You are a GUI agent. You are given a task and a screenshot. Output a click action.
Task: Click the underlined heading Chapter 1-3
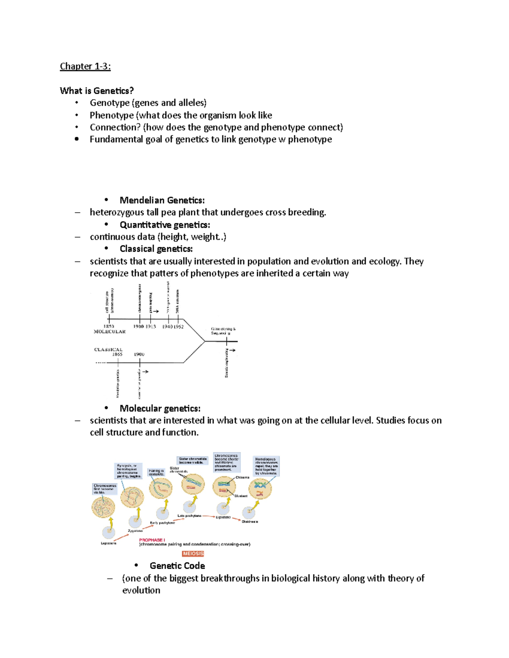coord(85,66)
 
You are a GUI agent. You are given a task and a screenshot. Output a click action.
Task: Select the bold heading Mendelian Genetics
coord(162,200)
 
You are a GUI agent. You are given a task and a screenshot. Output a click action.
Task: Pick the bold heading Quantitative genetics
coord(165,225)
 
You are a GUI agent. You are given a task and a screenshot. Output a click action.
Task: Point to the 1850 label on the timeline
coord(109,327)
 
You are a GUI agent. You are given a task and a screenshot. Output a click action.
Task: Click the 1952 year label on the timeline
coord(178,327)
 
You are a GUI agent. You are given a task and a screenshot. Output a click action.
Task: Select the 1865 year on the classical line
coord(117,354)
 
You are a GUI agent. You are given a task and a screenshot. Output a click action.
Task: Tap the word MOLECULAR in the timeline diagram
coord(109,332)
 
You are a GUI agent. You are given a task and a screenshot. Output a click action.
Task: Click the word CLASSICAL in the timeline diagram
coord(108,350)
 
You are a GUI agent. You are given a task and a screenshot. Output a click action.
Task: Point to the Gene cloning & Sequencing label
coord(223,331)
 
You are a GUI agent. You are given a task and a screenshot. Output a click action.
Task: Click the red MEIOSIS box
coord(193,553)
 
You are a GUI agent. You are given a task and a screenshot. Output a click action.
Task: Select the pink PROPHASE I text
coord(151,540)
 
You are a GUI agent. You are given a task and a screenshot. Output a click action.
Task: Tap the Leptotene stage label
coord(109,543)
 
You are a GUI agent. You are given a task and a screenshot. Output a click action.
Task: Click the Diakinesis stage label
coord(250,522)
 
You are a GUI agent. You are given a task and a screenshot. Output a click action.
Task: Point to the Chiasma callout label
coord(243,478)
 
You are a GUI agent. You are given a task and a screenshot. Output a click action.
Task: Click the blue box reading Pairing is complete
coord(156,472)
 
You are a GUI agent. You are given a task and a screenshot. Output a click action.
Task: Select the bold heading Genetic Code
coord(177,566)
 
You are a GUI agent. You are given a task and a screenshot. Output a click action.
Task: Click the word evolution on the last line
coord(141,590)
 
